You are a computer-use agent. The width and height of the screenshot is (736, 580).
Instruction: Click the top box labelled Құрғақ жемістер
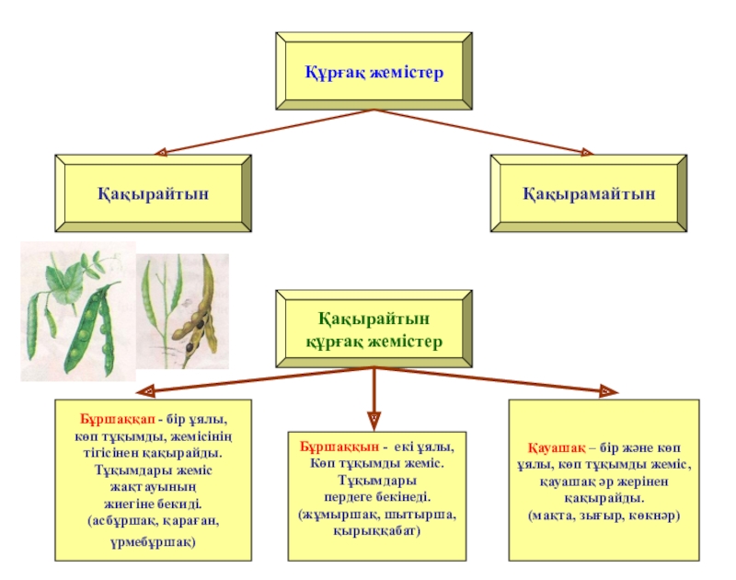[374, 71]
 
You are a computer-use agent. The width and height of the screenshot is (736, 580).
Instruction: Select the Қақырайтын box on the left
[154, 193]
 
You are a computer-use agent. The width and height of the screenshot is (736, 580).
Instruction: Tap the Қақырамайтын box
[590, 193]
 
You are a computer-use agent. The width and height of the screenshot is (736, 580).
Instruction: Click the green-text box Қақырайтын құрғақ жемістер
[374, 330]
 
